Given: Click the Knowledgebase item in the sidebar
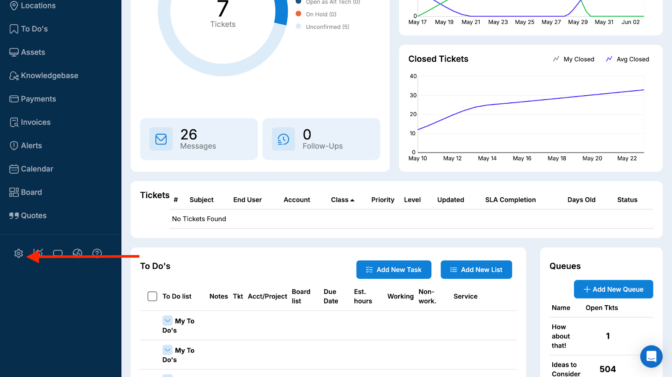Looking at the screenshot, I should [49, 76].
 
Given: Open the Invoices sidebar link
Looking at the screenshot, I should [35, 122].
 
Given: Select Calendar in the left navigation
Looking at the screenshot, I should [37, 169].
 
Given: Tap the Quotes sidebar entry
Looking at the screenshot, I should [33, 215].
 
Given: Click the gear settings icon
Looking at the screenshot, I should [18, 253].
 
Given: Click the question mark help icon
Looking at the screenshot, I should [97, 253].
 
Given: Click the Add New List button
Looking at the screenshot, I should [476, 270].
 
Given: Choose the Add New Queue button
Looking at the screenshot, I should [613, 289].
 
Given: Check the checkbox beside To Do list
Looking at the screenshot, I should [152, 296].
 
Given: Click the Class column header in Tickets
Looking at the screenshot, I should [342, 200].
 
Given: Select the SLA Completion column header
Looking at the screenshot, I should [510, 200].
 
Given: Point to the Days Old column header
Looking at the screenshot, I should [581, 200].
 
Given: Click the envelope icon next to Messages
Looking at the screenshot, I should [161, 139].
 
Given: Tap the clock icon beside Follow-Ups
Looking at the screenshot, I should [283, 139].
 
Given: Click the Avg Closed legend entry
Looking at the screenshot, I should [627, 59].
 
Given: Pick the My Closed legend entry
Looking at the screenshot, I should [574, 59].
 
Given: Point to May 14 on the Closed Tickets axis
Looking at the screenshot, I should [487, 158].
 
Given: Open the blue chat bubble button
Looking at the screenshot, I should [651, 356].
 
